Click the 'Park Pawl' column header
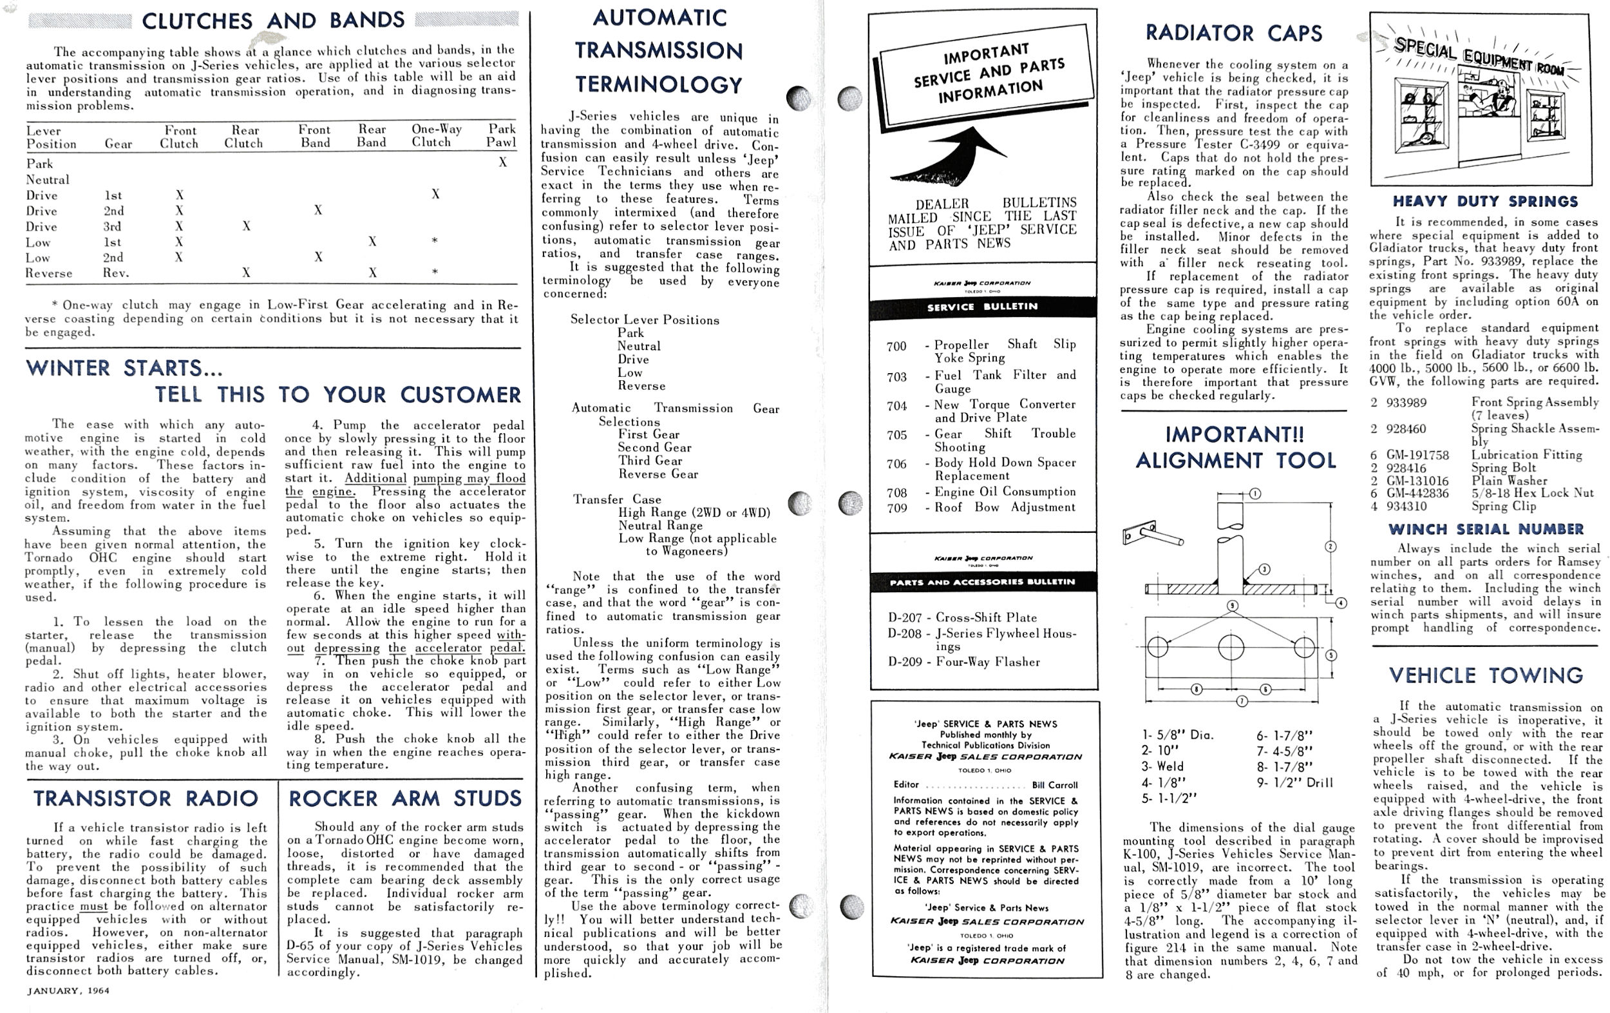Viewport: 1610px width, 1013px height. pos(502,135)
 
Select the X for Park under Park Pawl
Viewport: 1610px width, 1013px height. pos(503,162)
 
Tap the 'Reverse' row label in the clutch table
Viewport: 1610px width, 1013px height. pos(49,273)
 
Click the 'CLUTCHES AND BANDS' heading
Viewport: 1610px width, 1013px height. pos(273,20)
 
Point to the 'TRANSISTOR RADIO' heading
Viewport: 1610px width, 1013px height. pos(146,798)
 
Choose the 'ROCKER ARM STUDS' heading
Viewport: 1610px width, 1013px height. pos(404,798)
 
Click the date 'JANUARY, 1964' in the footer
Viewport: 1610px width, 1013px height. pos(68,990)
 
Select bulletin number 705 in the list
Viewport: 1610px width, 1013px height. pos(896,435)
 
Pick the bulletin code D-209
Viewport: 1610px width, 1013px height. pos(905,662)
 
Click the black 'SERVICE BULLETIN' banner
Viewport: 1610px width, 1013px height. pos(982,307)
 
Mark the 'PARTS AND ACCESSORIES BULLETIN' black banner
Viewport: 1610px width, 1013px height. pos(982,581)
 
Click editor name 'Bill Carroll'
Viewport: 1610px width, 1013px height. pos(1054,785)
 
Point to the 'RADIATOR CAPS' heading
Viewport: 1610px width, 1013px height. pos(1233,33)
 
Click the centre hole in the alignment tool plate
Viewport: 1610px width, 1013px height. pos(1231,648)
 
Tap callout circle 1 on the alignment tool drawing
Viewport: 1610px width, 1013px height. pos(1255,494)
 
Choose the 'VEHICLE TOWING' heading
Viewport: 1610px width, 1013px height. pos(1486,675)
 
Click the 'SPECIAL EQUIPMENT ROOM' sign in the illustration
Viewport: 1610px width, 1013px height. pos(1477,56)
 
